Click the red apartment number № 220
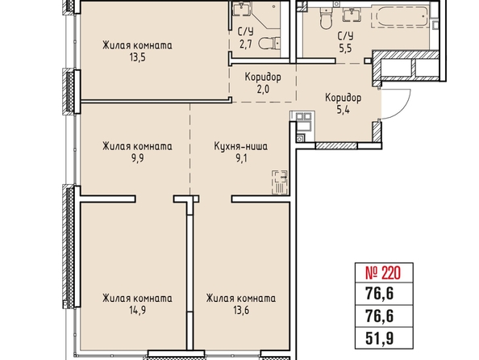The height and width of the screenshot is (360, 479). (x=383, y=273)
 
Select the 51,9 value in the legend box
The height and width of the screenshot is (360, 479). (x=380, y=338)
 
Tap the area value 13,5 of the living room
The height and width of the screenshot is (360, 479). (x=137, y=57)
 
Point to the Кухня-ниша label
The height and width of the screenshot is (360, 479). (x=241, y=146)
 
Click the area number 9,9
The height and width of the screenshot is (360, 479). (x=137, y=159)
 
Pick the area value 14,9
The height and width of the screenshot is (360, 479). (x=137, y=311)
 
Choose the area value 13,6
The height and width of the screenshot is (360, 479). (x=241, y=311)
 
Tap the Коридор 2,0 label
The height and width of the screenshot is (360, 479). (x=263, y=83)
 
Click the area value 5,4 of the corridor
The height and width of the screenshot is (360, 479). (x=343, y=110)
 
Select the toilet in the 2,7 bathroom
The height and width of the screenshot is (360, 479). (x=269, y=44)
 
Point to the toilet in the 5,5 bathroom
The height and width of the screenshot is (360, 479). (x=326, y=19)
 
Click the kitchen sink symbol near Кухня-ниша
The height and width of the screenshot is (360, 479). (x=280, y=182)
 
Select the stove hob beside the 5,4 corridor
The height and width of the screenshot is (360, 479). (x=304, y=116)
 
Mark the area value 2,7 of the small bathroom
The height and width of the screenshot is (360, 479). (x=246, y=45)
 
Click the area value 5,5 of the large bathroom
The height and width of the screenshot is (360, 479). (x=345, y=48)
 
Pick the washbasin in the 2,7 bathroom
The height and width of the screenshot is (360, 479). (x=241, y=8)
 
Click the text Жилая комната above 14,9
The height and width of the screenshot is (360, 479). (x=137, y=298)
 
